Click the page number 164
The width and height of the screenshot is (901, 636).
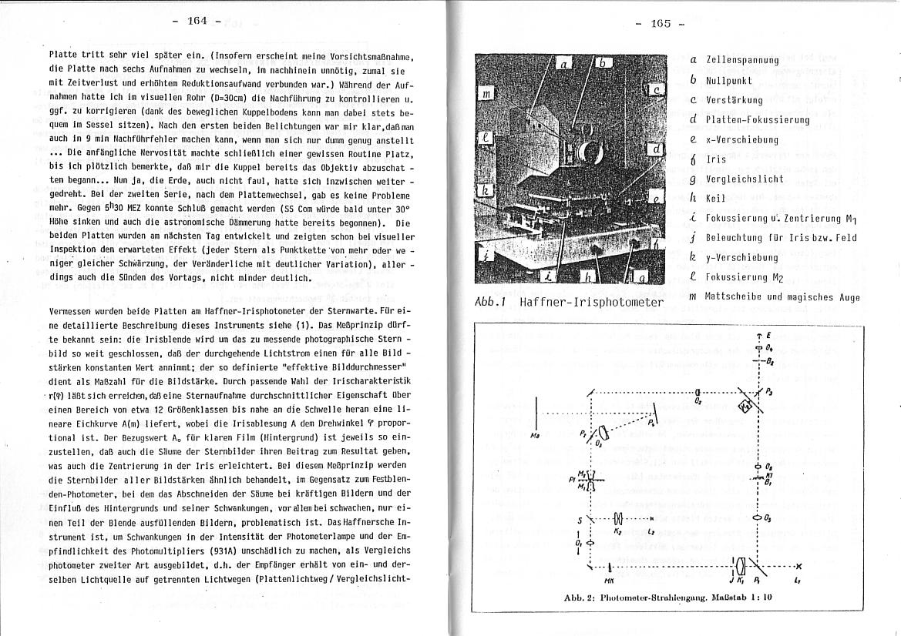[197, 21]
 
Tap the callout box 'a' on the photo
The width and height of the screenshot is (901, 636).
[563, 65]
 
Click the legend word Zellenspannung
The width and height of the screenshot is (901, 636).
[742, 60]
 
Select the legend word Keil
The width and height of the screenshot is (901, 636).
[716, 199]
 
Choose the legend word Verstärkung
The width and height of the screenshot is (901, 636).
[735, 100]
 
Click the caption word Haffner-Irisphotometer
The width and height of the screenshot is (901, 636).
[591, 301]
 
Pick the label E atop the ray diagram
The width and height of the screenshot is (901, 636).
[759, 337]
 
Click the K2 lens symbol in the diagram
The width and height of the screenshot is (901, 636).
[618, 519]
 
